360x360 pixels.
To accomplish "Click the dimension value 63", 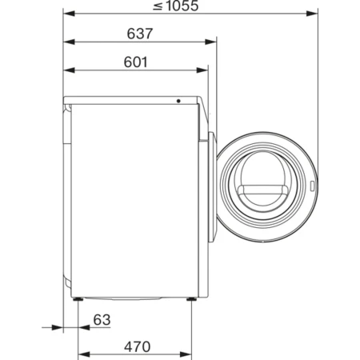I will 99,320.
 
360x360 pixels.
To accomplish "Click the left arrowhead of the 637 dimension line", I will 66,43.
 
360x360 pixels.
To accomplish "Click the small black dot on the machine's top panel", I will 178,102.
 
